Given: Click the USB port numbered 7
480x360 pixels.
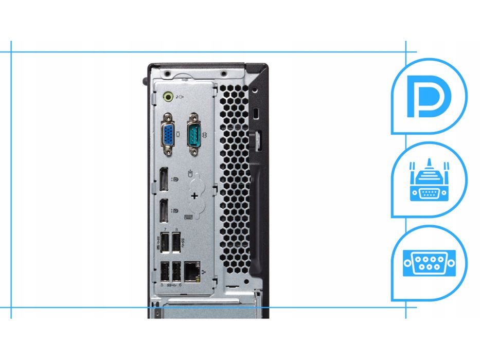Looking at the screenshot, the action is coord(165,242).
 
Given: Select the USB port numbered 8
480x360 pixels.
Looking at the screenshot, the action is coord(176,242).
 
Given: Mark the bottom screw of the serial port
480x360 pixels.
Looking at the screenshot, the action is coord(193,152).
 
